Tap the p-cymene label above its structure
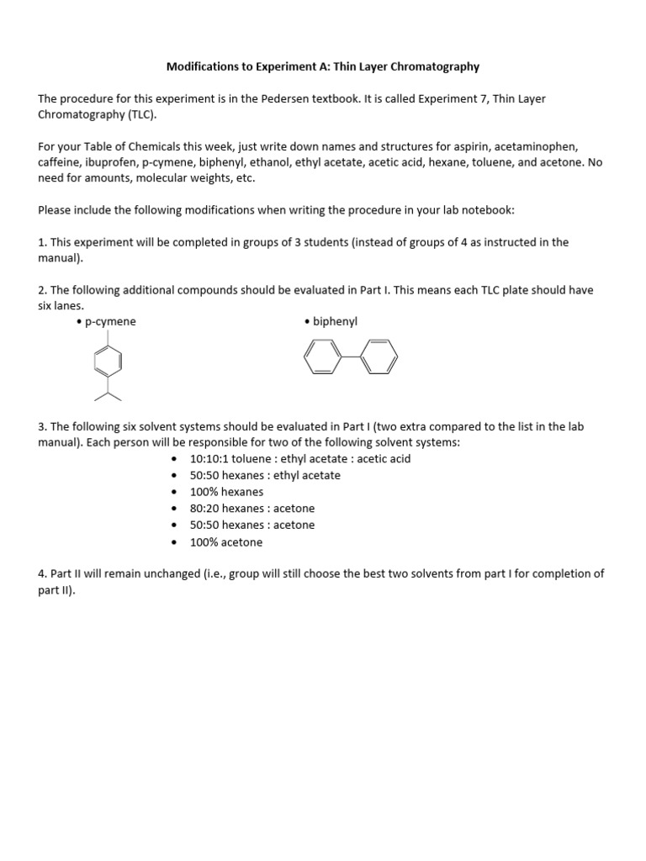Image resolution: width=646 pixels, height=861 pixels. point(110,321)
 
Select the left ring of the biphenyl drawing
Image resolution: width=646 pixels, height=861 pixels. point(320,359)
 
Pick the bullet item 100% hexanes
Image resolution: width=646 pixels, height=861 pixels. point(226,492)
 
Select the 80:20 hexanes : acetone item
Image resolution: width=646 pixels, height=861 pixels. point(252,509)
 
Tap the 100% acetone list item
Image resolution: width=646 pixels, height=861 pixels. point(226,542)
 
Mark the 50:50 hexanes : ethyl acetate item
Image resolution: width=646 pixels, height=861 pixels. point(265,475)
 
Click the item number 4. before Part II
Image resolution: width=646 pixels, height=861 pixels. point(42,574)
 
